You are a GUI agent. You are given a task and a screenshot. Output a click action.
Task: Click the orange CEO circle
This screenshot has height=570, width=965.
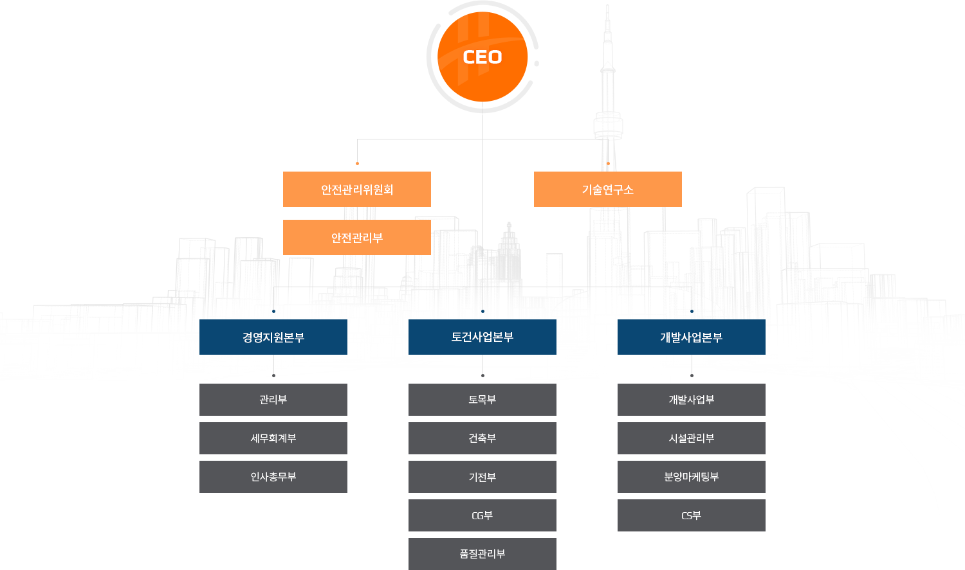tap(482, 58)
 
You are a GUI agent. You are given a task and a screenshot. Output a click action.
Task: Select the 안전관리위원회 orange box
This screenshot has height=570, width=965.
tap(357, 189)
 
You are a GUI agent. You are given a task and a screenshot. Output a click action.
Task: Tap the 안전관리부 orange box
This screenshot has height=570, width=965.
tap(357, 238)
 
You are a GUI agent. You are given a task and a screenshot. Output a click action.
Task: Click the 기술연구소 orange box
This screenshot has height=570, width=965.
tap(607, 189)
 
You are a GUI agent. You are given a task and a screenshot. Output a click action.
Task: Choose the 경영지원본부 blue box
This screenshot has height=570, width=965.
tap(273, 337)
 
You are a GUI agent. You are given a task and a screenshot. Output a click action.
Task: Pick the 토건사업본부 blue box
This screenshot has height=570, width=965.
tap(482, 337)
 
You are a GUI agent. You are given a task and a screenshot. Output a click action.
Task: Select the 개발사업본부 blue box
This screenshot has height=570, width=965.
tap(692, 337)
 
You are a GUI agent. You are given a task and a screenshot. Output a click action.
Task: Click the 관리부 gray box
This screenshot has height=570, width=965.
tap(273, 400)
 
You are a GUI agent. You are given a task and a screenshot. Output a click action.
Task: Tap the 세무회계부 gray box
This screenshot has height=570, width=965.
tap(273, 438)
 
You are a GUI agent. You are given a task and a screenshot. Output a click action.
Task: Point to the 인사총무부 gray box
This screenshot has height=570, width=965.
tap(273, 477)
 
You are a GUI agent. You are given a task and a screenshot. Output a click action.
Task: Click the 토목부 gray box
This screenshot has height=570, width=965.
tap(482, 400)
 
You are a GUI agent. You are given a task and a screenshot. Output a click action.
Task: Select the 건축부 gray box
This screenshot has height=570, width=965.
tap(482, 438)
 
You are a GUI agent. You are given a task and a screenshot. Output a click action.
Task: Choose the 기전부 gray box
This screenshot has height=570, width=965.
tap(482, 477)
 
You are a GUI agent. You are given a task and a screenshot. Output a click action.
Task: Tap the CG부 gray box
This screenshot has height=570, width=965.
tap(482, 515)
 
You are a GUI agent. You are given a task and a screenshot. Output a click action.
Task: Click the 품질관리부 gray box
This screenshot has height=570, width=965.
tap(482, 553)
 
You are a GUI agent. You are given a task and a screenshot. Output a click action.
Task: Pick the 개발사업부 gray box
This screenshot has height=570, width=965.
tap(692, 400)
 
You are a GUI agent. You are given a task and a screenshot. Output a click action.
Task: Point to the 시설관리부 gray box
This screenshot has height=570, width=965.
tap(692, 438)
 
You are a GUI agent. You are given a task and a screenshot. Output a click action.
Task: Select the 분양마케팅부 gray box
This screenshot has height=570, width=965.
tap(692, 477)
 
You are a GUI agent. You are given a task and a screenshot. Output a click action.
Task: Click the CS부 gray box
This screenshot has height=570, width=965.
tap(692, 515)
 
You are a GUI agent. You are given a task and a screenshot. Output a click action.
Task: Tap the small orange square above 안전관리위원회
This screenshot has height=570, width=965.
tap(357, 163)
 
